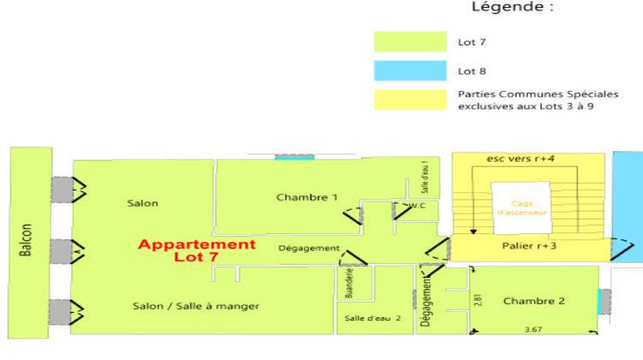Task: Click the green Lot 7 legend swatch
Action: (x=410, y=42)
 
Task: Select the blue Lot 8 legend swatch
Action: (x=410, y=71)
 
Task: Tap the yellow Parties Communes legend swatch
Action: (x=410, y=99)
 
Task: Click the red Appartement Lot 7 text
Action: (x=197, y=250)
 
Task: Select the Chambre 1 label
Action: (x=306, y=198)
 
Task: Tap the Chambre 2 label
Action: (x=534, y=301)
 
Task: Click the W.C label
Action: (x=418, y=206)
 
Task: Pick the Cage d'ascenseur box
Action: (x=517, y=207)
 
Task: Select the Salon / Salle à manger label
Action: (x=196, y=306)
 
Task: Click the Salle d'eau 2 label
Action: (x=373, y=319)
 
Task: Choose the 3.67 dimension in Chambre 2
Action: (x=534, y=329)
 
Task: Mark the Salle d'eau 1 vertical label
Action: (x=424, y=172)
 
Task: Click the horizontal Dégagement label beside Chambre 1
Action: (x=309, y=249)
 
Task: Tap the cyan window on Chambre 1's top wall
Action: (x=294, y=158)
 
